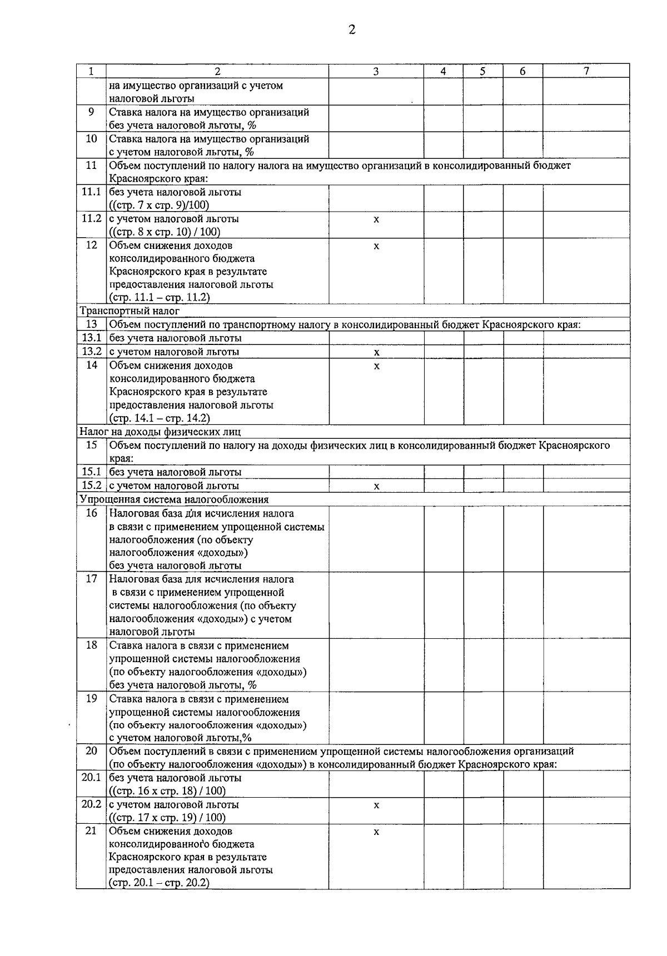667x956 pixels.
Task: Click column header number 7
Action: [586, 71]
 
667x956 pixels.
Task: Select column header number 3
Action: [376, 71]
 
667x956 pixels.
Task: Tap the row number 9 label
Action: [91, 112]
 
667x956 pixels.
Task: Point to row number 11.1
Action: [91, 192]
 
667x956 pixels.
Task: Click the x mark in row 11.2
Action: [376, 219]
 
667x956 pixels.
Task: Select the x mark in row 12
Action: [376, 246]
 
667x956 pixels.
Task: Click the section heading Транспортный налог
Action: [130, 311]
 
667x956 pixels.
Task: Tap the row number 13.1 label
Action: [91, 338]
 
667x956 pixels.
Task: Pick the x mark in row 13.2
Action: [376, 352]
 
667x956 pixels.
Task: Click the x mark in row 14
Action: [376, 366]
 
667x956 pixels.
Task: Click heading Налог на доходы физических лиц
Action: [161, 432]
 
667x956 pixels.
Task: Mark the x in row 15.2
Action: [376, 486]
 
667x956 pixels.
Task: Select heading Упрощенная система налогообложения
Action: [175, 499]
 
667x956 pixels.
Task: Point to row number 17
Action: [91, 579]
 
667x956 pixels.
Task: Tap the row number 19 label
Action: [91, 699]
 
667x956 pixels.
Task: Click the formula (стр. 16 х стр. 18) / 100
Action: [167, 791]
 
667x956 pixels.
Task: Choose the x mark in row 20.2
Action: [376, 805]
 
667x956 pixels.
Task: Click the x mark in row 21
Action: [376, 832]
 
